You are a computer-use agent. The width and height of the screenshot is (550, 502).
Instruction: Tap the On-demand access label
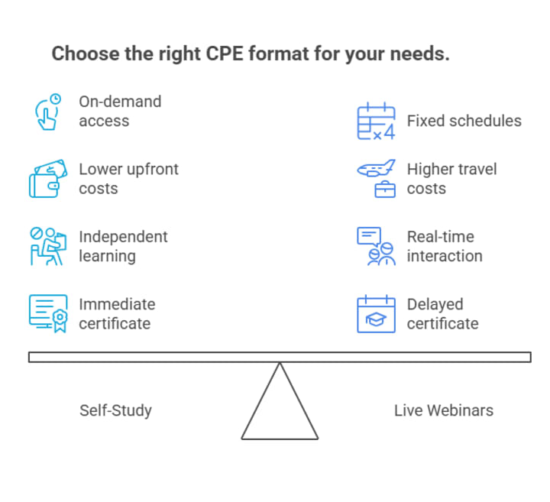point(120,111)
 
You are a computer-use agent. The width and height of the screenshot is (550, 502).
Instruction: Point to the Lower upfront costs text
point(128,178)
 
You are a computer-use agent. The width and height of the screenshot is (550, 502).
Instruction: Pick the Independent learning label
point(123,246)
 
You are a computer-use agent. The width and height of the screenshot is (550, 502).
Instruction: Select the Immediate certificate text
point(117,313)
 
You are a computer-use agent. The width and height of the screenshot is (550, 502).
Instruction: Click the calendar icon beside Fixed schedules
point(377,121)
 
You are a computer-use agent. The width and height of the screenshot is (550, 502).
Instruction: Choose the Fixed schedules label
point(464,121)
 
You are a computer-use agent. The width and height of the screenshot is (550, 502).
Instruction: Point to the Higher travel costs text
point(451,178)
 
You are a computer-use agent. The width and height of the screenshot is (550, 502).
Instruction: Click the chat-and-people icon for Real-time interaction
point(377,246)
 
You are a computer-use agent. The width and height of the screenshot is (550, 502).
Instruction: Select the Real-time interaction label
point(444,246)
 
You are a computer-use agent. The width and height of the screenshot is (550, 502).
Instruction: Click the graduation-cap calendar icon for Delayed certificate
point(377,313)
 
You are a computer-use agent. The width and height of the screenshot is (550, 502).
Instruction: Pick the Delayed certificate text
point(442,313)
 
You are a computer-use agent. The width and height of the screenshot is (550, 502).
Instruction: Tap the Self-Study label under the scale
point(115,410)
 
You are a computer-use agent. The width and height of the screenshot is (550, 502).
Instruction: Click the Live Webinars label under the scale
point(443,410)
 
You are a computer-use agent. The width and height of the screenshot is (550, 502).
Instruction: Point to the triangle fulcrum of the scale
point(280,409)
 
